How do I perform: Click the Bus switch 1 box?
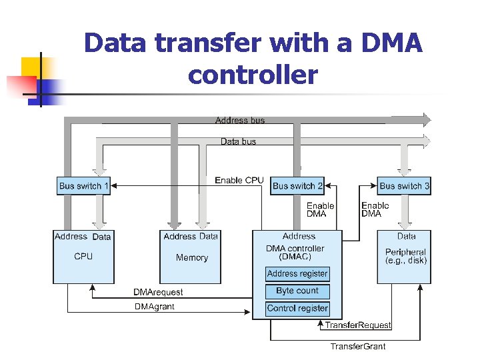coord(83,186)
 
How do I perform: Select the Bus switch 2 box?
coord(298,186)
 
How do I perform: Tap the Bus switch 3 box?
coord(405,186)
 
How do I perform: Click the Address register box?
coord(297,273)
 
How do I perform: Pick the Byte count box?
coord(297,291)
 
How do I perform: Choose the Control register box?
coord(297,308)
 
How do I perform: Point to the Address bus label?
coord(240,121)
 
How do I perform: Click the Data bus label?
coord(239,141)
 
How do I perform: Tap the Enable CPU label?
coord(239,181)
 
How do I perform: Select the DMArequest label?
coord(158,292)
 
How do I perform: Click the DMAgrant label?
coord(154,307)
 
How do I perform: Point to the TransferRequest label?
coord(358,325)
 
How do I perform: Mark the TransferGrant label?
coord(358,346)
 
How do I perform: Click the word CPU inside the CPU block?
coord(83,256)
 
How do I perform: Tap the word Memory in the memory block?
coord(192,257)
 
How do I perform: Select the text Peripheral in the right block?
coord(405,252)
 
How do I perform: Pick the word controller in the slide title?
coord(253,75)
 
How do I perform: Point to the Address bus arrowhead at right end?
coord(426,120)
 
